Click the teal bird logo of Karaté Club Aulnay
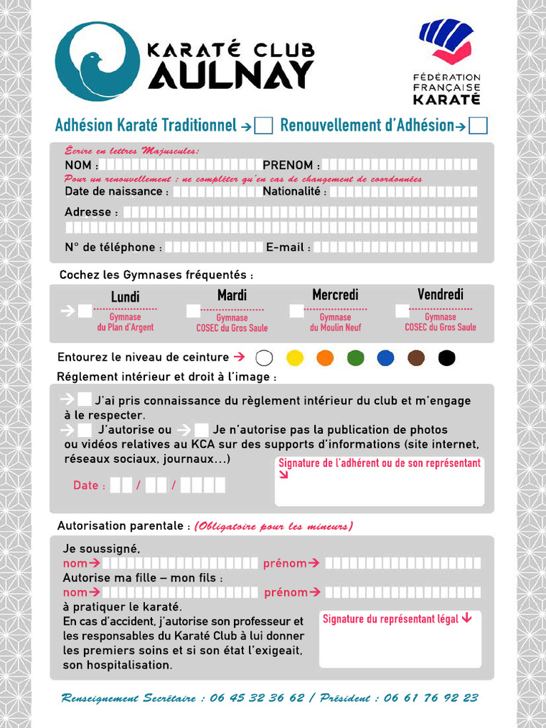(x=97, y=61)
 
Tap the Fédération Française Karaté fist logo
(x=446, y=41)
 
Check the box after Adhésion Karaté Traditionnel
(x=264, y=126)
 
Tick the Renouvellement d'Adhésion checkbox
(x=478, y=126)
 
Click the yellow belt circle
(x=294, y=358)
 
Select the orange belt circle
(x=325, y=358)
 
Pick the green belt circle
(x=355, y=358)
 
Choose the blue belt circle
(x=385, y=358)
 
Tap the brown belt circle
(x=416, y=358)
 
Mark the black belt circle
(x=446, y=358)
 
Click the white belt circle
(x=264, y=358)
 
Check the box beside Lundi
(x=85, y=311)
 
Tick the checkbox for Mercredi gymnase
(x=296, y=311)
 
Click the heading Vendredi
(x=440, y=294)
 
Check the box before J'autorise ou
(x=85, y=429)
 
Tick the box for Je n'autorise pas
(x=201, y=429)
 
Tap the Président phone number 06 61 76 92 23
(x=431, y=698)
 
